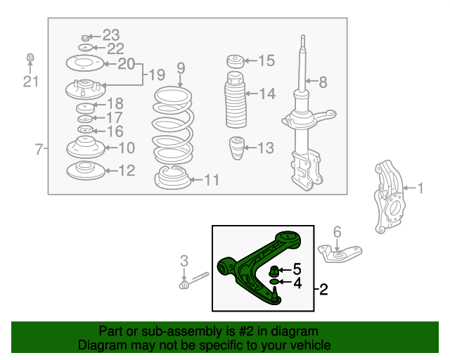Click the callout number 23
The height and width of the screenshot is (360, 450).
111,35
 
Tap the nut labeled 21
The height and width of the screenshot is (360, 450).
30,57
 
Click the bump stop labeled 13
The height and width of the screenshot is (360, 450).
237,148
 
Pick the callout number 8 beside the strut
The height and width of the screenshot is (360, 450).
323,82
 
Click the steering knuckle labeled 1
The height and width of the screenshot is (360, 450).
389,197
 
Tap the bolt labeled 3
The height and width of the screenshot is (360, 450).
194,281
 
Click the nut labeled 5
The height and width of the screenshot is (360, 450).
274,271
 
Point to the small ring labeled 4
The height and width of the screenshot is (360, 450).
274,282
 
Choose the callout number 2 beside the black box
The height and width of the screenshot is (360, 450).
323,290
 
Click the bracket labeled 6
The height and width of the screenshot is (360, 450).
340,253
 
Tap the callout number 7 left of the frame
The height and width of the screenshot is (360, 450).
39,149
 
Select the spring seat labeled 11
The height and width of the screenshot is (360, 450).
172,177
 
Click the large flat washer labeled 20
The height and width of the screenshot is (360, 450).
84,63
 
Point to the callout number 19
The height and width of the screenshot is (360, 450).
157,75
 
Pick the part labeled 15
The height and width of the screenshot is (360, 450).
236,61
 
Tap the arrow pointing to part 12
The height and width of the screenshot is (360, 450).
112,171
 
